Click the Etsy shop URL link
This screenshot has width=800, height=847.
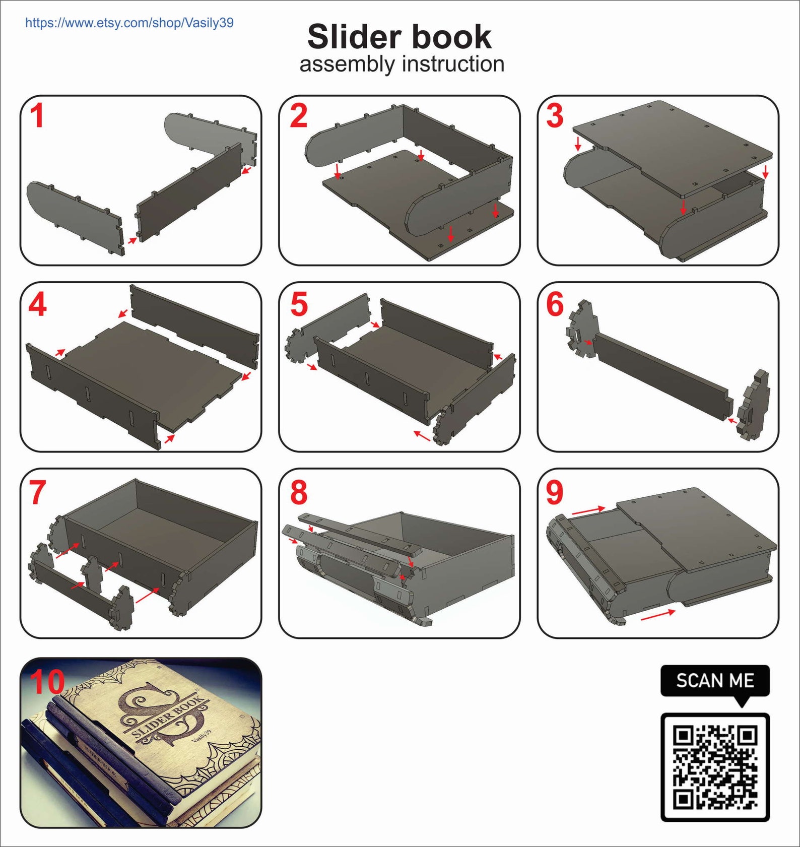(x=129, y=23)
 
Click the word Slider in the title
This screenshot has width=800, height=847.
(x=351, y=37)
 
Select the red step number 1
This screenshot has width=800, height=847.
(x=37, y=116)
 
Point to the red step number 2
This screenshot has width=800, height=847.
(x=299, y=116)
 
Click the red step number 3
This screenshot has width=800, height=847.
(x=555, y=116)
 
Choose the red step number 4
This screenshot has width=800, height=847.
(x=38, y=305)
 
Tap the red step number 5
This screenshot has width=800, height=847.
(x=299, y=305)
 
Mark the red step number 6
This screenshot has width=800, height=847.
(x=555, y=305)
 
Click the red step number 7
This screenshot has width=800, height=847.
(x=38, y=492)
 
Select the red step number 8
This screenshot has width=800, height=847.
(x=299, y=492)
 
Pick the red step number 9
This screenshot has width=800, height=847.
(x=555, y=492)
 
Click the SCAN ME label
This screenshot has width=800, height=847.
(x=715, y=681)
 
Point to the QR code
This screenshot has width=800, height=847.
(x=715, y=767)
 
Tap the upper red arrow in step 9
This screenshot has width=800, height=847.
(x=588, y=510)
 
